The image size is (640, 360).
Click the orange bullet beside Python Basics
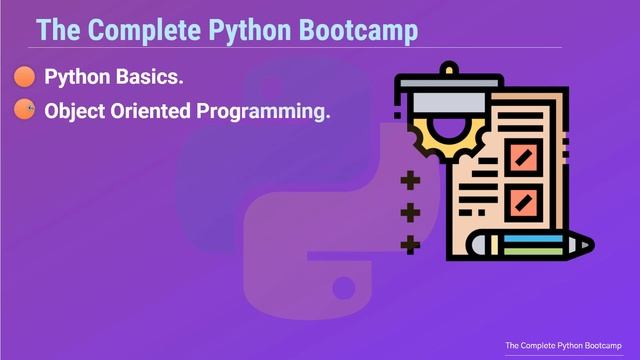[x=25, y=77]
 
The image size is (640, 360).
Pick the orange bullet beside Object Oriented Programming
[x=25, y=110]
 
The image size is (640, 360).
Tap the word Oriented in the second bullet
[x=155, y=110]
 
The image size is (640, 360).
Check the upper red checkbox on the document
[x=523, y=156]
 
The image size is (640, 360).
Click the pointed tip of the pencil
[x=589, y=244]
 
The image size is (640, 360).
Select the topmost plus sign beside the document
[x=409, y=181]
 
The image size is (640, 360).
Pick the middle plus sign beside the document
[x=409, y=212]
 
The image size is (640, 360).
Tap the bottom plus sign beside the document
[x=409, y=244]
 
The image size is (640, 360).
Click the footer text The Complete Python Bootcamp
[x=563, y=345]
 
